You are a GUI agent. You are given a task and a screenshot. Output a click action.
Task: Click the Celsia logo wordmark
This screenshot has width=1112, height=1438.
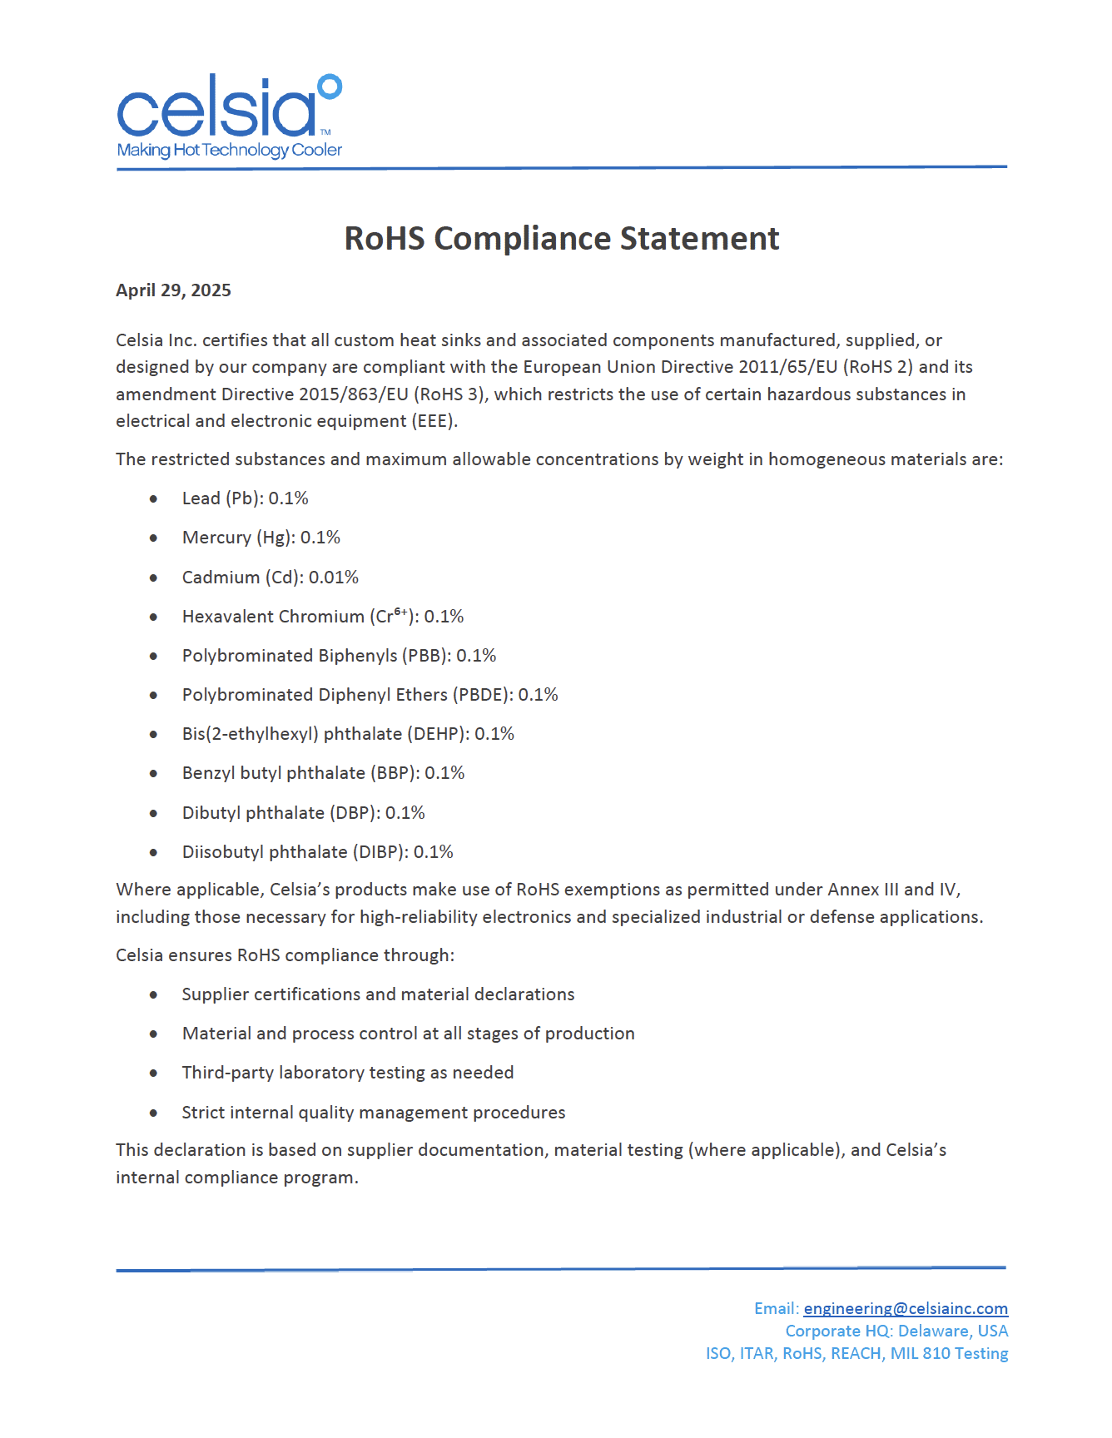coord(216,109)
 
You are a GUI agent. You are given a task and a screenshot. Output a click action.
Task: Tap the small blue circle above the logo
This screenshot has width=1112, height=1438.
coord(330,87)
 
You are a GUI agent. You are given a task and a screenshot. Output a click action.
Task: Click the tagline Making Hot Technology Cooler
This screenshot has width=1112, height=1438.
coord(229,151)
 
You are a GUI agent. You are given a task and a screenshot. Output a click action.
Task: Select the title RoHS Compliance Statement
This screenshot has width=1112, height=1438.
coord(562,239)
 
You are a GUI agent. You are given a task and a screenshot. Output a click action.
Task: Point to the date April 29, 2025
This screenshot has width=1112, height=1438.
coord(173,290)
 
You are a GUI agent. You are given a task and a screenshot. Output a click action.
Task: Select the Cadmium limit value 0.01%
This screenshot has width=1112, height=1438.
coord(334,578)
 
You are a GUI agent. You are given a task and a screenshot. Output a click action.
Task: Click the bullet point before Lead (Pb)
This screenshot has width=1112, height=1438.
coord(154,499)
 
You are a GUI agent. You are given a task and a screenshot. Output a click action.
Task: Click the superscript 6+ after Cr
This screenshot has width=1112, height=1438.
coord(401,612)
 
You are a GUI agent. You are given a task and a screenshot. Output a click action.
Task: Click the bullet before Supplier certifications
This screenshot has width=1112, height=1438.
coord(154,995)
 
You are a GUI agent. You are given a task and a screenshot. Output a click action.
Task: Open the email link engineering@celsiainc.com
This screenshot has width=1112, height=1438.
coord(906,1309)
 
